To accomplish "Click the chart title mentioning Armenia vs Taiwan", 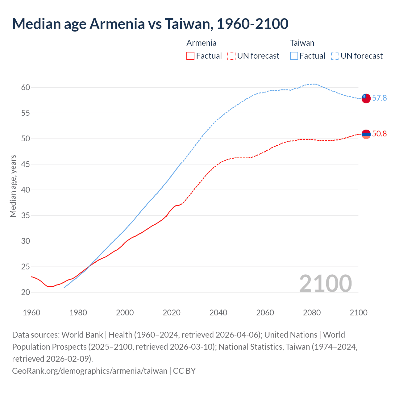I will [150, 24].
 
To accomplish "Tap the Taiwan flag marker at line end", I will [366, 98].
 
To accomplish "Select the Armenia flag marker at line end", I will [366, 134].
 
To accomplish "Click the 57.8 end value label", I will [379, 98].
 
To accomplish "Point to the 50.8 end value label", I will [379, 134].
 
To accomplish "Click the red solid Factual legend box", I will [190, 56].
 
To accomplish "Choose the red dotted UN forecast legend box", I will [231, 56].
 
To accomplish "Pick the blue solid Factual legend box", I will [294, 56].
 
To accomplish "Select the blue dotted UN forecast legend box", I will [335, 56].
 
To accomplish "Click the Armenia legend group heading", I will [201, 43].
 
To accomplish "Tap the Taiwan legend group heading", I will [302, 43].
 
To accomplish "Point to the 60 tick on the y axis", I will [26, 87].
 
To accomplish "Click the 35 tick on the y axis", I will [26, 215].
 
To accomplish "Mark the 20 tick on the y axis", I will [26, 292].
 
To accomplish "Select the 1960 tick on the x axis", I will [31, 313].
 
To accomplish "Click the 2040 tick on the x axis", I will [218, 313].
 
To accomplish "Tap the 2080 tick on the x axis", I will [312, 313].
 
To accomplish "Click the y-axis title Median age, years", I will [13, 186].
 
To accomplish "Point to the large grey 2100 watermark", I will [325, 283].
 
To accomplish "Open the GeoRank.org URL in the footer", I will [89, 371].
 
